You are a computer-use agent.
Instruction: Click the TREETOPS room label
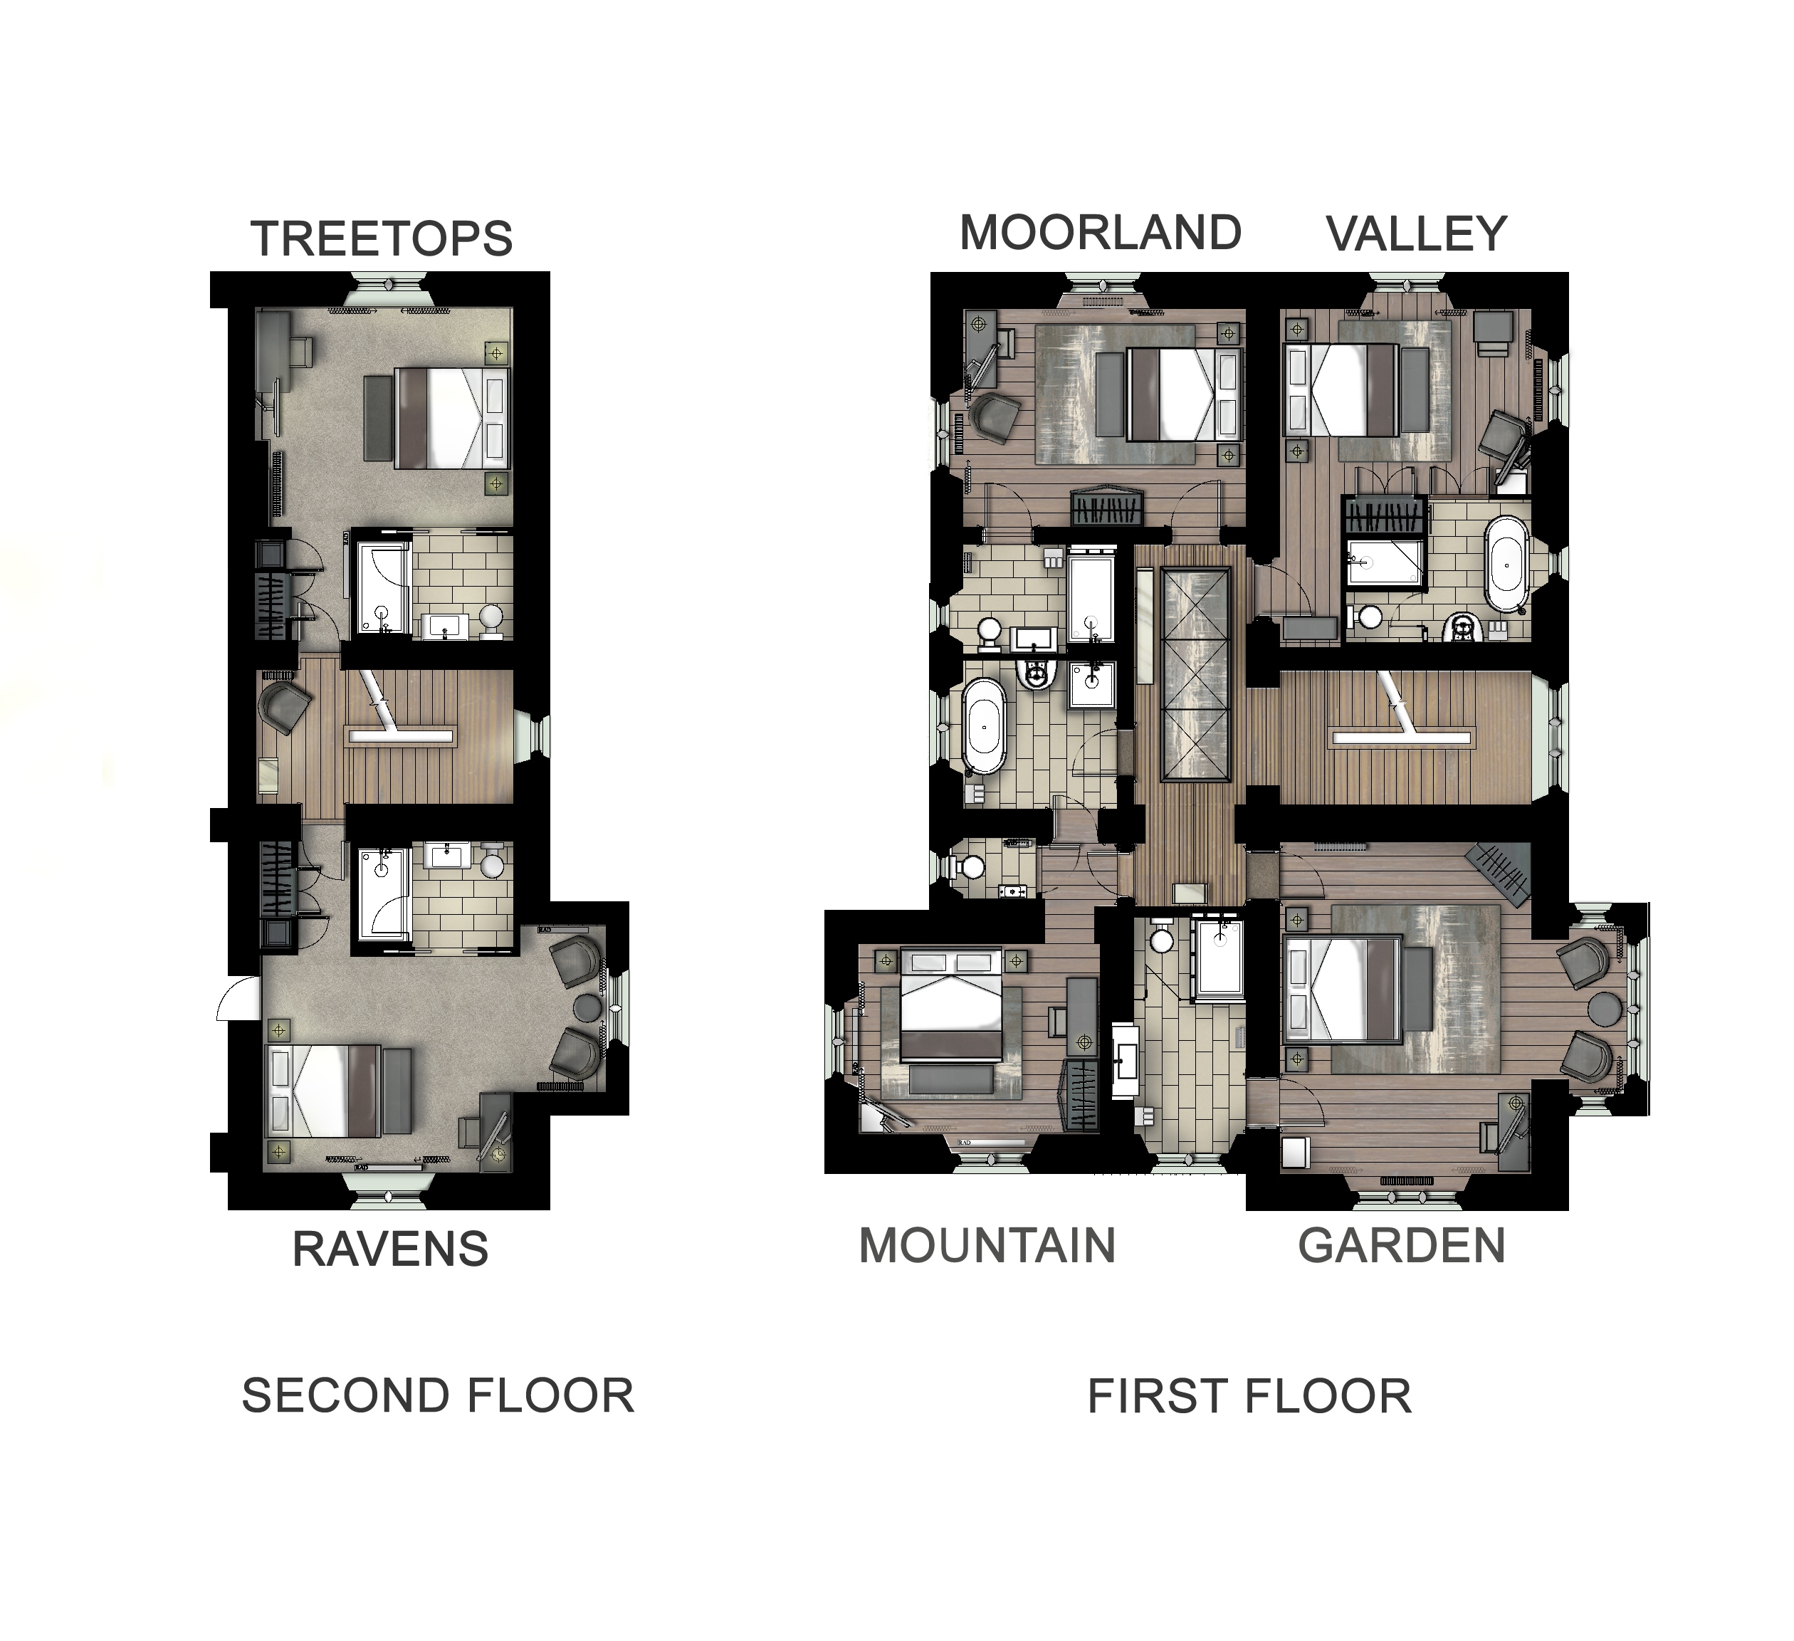click(382, 238)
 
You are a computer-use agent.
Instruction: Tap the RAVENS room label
click(391, 1249)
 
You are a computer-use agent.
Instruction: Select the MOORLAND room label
click(1101, 234)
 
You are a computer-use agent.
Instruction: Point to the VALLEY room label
click(1417, 234)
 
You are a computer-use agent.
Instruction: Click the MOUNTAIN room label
click(987, 1245)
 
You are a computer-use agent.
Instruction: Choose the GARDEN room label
click(1402, 1245)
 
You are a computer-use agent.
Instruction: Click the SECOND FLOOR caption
click(438, 1395)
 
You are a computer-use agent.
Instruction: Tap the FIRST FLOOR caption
click(1249, 1396)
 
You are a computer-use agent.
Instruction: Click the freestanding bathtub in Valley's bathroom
click(1506, 564)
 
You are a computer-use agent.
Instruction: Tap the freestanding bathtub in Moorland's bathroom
click(984, 728)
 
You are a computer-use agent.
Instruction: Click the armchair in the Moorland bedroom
click(995, 416)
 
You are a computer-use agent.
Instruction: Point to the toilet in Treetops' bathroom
click(491, 616)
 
